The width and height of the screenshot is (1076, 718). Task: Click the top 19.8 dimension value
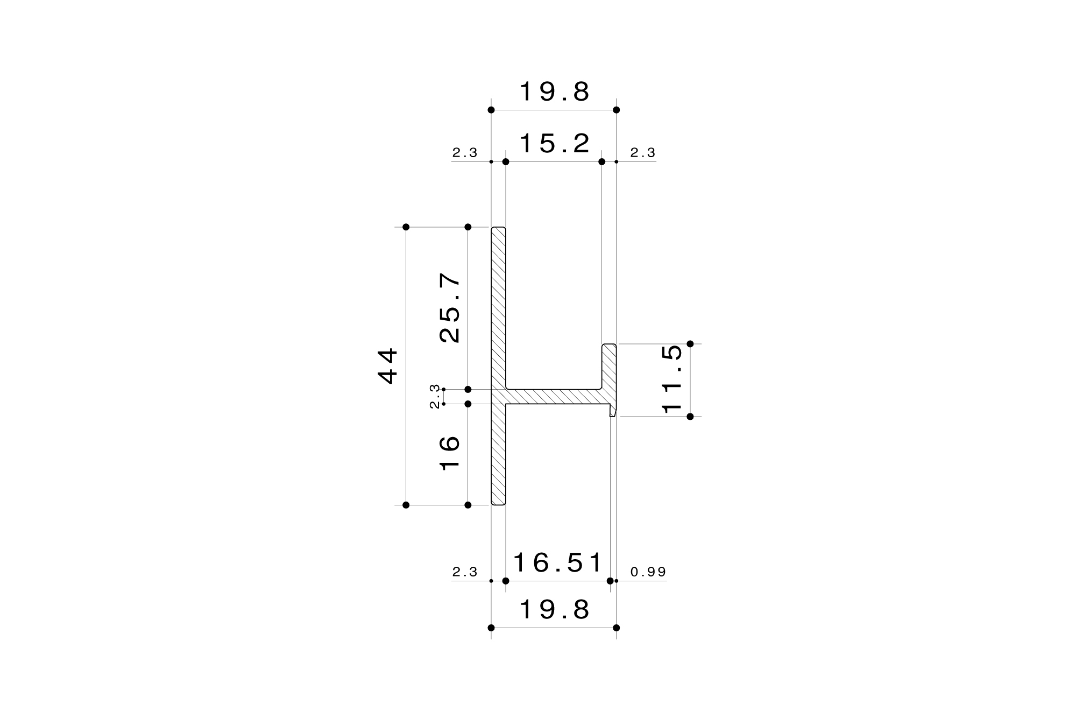554,92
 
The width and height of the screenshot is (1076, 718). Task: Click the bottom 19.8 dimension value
554,610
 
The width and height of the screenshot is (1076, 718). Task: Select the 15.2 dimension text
554,144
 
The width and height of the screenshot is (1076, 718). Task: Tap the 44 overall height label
388,366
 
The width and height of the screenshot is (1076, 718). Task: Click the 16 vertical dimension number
450,453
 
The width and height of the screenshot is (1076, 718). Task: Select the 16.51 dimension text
557,563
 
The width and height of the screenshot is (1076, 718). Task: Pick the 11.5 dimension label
672,379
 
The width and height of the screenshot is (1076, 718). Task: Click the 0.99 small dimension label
648,572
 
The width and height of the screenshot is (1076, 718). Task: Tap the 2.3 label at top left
464,153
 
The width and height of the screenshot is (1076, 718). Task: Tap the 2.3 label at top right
642,153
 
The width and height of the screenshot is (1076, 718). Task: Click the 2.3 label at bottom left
464,572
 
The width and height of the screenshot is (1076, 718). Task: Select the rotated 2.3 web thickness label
435,396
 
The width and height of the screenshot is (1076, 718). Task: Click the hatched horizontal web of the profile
554,397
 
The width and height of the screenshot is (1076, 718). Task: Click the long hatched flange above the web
498,307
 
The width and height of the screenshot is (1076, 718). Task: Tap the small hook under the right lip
612,411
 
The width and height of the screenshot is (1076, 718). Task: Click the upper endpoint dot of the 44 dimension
406,227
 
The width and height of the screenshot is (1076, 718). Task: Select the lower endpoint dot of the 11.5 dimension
690,417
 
